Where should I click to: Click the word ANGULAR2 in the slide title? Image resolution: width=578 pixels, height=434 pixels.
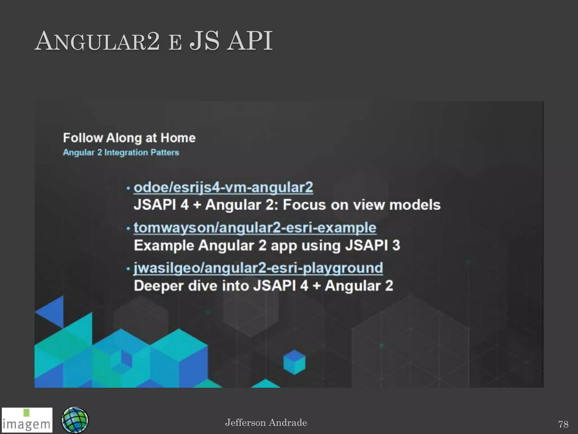pyautogui.click(x=97, y=42)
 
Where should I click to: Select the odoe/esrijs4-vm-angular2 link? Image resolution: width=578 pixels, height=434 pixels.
pyautogui.click(x=223, y=187)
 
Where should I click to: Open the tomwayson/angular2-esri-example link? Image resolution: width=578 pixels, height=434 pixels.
pyautogui.click(x=255, y=228)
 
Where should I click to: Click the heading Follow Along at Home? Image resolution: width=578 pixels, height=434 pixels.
pyautogui.click(x=129, y=138)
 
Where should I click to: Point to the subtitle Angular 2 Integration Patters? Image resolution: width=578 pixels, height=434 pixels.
pyautogui.click(x=121, y=153)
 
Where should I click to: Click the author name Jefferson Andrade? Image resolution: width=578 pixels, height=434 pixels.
pyautogui.click(x=266, y=422)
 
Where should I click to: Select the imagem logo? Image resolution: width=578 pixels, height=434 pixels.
pyautogui.click(x=27, y=420)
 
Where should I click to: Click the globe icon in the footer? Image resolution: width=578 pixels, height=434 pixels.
pyautogui.click(x=75, y=420)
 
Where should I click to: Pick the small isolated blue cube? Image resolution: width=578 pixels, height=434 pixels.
pyautogui.click(x=294, y=362)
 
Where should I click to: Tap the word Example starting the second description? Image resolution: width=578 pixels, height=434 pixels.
pyautogui.click(x=164, y=245)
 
